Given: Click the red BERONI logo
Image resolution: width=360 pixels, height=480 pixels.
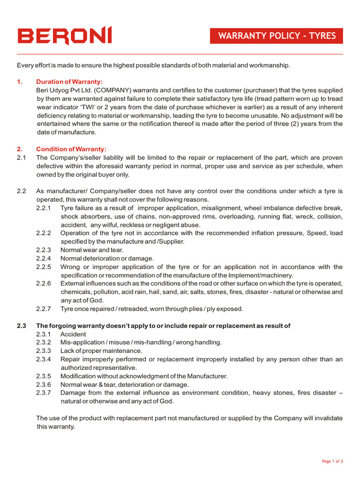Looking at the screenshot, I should pyautogui.click(x=65, y=36).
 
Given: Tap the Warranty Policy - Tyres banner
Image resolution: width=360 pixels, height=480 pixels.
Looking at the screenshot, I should pyautogui.click(x=277, y=36).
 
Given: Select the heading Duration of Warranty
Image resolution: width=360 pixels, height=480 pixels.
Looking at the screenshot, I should pyautogui.click(x=69, y=82).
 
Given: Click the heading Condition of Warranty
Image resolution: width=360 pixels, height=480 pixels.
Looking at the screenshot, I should pyautogui.click(x=71, y=149).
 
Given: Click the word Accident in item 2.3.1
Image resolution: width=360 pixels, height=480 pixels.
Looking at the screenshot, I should pyautogui.click(x=73, y=334).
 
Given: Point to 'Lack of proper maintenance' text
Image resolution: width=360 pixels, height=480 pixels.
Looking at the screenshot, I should pyautogui.click(x=101, y=351).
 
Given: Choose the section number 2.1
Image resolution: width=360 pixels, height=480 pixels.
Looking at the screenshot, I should pyautogui.click(x=21, y=157).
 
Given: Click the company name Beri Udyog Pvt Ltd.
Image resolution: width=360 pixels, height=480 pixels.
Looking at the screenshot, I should pyautogui.click(x=65, y=90).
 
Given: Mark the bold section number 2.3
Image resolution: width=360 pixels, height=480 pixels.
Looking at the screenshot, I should pyautogui.click(x=21, y=326).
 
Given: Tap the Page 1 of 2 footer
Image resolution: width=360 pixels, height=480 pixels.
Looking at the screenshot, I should pyautogui.click(x=332, y=461).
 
